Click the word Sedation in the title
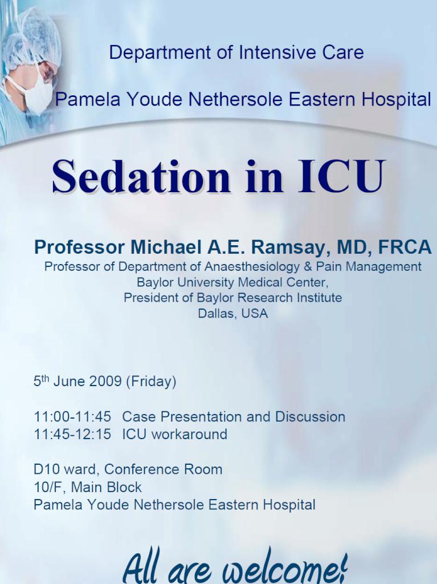[x=141, y=176]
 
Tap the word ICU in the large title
[x=341, y=176]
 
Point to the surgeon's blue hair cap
[x=32, y=37]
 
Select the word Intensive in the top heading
[x=277, y=52]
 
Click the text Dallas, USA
[x=232, y=313]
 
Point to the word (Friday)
[x=151, y=382]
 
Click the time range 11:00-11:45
[x=72, y=417]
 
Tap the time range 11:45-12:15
[x=72, y=434]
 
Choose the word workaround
[x=189, y=434]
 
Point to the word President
[x=149, y=298]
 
